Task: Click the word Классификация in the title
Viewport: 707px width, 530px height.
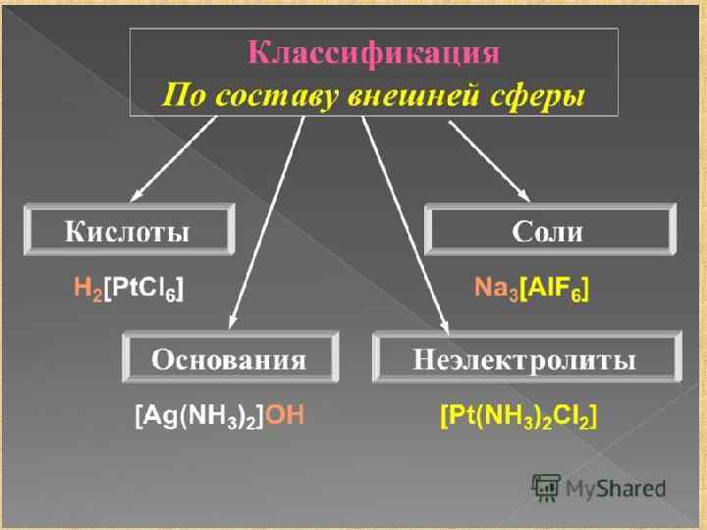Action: coord(373,54)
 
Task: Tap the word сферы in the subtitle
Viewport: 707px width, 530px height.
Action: coord(545,96)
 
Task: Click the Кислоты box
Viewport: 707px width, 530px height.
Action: coord(128,232)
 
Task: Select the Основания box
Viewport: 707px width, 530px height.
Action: coord(228,359)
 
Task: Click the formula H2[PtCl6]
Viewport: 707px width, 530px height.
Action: coord(129,289)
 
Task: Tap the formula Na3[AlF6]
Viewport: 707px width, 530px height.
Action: coord(531,289)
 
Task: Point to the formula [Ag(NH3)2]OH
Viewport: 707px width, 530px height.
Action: coord(220,416)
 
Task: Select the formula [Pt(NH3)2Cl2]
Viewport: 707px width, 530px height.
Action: coord(518,416)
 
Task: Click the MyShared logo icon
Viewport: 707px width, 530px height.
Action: coord(546,487)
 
